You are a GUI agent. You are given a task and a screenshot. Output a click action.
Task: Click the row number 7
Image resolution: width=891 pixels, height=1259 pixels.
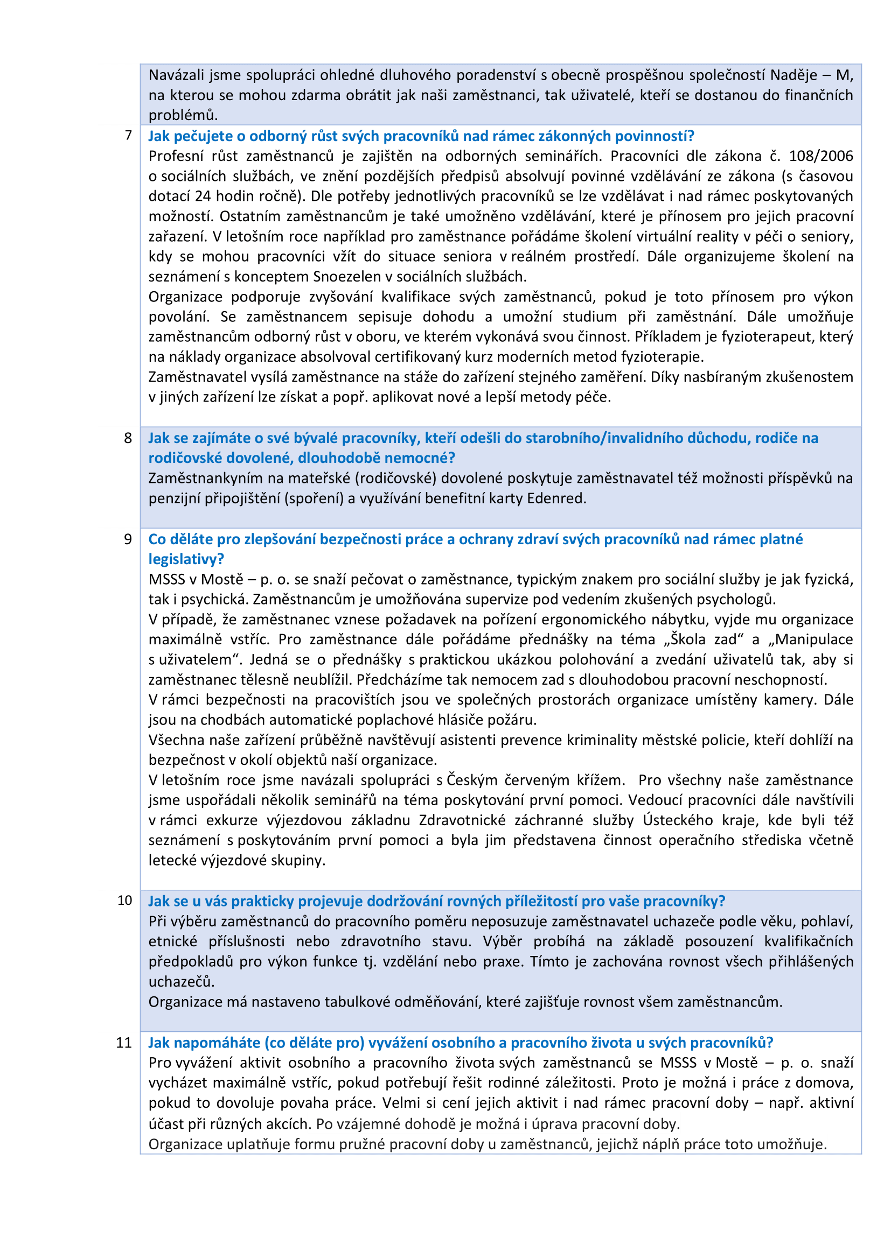tap(128, 136)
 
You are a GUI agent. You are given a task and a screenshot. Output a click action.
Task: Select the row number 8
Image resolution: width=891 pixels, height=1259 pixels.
tap(128, 438)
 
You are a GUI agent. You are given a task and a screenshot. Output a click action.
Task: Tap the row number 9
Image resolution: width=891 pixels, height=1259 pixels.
tap(128, 539)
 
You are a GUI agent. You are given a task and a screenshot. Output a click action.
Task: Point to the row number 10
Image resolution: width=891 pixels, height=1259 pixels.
tap(125, 901)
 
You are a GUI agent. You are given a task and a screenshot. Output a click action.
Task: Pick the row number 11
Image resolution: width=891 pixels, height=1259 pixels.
tap(124, 1043)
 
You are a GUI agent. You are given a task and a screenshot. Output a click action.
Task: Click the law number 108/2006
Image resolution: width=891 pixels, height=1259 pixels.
tap(821, 156)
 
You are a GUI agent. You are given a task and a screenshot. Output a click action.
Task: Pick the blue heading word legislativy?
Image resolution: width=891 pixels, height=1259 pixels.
tap(186, 559)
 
